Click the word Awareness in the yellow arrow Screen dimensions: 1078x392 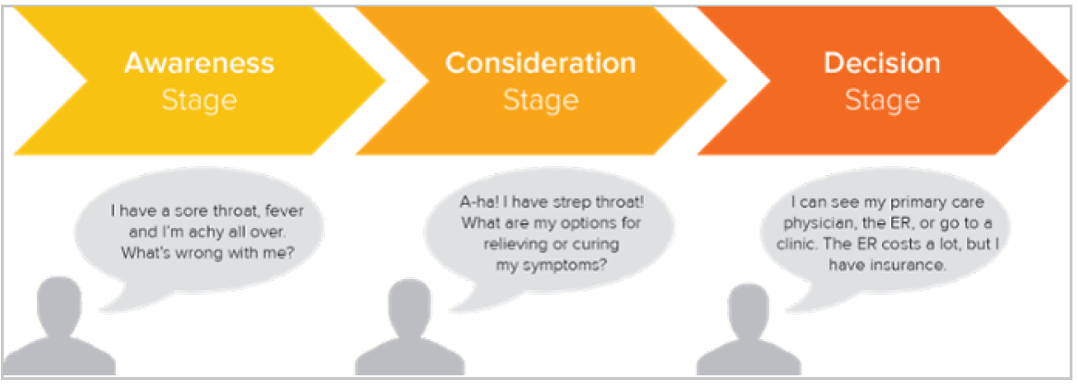coord(199,63)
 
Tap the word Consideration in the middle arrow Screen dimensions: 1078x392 coord(540,63)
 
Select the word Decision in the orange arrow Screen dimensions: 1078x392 coord(882,63)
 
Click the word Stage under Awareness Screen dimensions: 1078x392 coord(199,101)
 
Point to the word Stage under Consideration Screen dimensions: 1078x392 coord(540,101)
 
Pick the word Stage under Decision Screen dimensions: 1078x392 coord(882,101)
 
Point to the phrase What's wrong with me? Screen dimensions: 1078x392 coord(207,253)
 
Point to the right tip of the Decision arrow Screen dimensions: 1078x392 coord(1069,82)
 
